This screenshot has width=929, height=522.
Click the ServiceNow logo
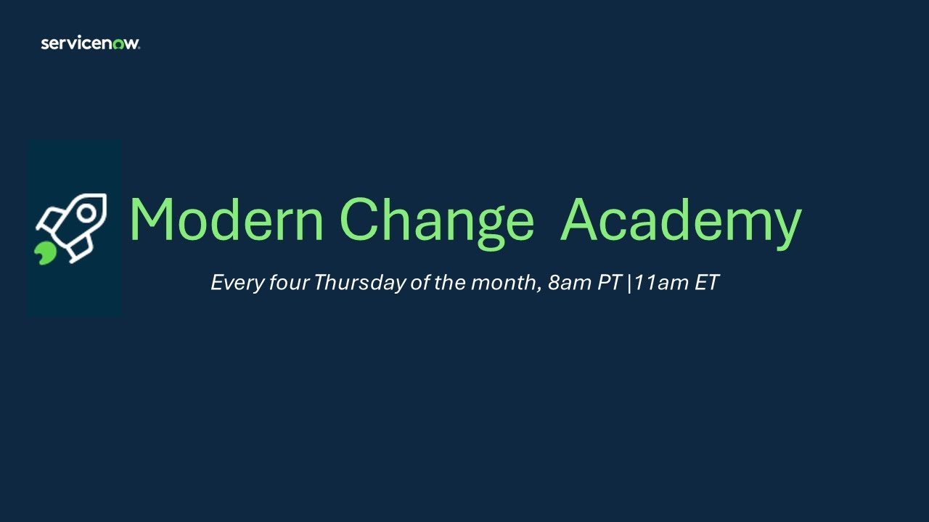(x=90, y=43)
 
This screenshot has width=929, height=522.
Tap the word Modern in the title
(x=226, y=220)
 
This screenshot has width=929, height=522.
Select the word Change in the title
(x=436, y=220)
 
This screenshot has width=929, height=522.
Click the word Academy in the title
(x=681, y=220)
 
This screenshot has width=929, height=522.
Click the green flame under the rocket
(x=45, y=253)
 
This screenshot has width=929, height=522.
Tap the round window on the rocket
(x=86, y=213)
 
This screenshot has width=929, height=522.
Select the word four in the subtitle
(x=290, y=283)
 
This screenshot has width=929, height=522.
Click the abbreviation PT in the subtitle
(x=610, y=283)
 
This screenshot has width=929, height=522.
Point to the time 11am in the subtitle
(x=663, y=283)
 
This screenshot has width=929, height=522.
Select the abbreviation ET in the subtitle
(x=707, y=283)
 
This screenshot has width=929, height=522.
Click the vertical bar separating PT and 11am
(x=629, y=283)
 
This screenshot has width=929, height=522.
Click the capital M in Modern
(x=155, y=220)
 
